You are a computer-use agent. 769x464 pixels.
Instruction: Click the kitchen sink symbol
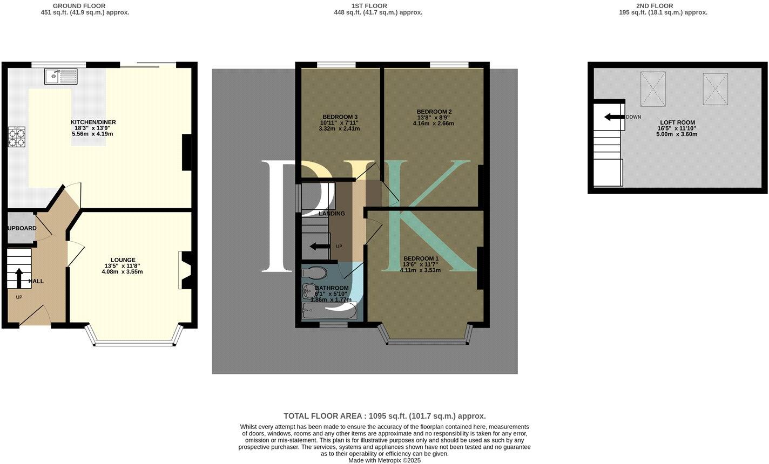coord(61,77)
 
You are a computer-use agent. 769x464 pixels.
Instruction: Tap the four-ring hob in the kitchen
coord(16,137)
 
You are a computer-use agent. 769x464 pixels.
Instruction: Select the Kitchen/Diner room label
coord(93,122)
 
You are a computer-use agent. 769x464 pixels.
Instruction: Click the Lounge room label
coord(123,260)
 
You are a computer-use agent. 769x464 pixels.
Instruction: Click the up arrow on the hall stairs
coord(18,278)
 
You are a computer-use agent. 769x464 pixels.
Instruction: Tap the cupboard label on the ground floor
coord(22,228)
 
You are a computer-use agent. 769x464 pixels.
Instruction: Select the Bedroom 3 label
coord(340,117)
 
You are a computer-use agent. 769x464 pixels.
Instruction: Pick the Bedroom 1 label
coord(421,259)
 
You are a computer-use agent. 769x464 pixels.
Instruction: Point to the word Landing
coord(332,214)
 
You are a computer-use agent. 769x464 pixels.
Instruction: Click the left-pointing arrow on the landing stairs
coord(320,247)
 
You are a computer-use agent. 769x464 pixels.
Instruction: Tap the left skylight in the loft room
coord(653,88)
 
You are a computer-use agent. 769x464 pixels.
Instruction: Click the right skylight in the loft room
coord(716,88)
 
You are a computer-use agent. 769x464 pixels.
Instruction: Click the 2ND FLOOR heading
coord(654,6)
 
